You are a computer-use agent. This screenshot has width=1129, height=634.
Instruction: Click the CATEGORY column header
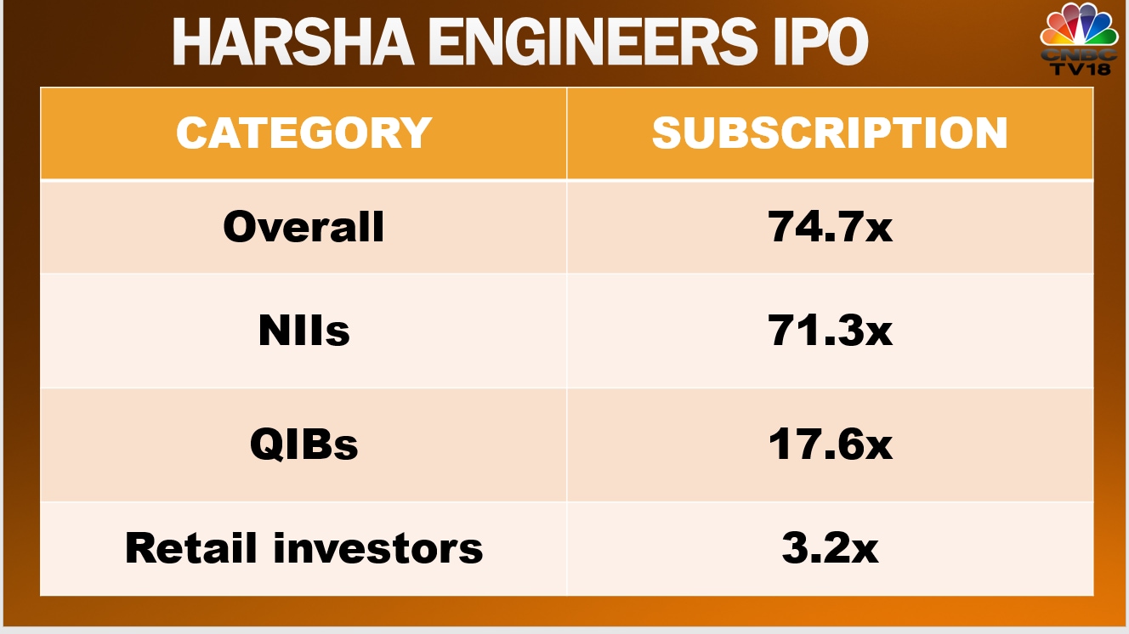point(304,133)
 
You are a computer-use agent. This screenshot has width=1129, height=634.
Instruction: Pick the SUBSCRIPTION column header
point(830,133)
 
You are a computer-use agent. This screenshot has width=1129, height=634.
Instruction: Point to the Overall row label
point(304,227)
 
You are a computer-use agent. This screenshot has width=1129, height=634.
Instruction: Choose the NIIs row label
point(304,331)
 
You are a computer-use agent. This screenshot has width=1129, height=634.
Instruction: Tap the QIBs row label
point(304,444)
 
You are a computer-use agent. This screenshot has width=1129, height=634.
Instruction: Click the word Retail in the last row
point(193,548)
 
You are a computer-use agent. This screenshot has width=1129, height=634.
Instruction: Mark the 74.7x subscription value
point(830,227)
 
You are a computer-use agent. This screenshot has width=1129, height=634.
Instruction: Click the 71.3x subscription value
point(830,331)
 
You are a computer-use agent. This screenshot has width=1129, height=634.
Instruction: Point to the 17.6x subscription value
point(830,444)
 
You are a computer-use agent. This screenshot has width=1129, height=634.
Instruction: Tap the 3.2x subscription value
point(830,548)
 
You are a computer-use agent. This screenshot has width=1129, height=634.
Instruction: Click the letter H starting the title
point(190,42)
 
